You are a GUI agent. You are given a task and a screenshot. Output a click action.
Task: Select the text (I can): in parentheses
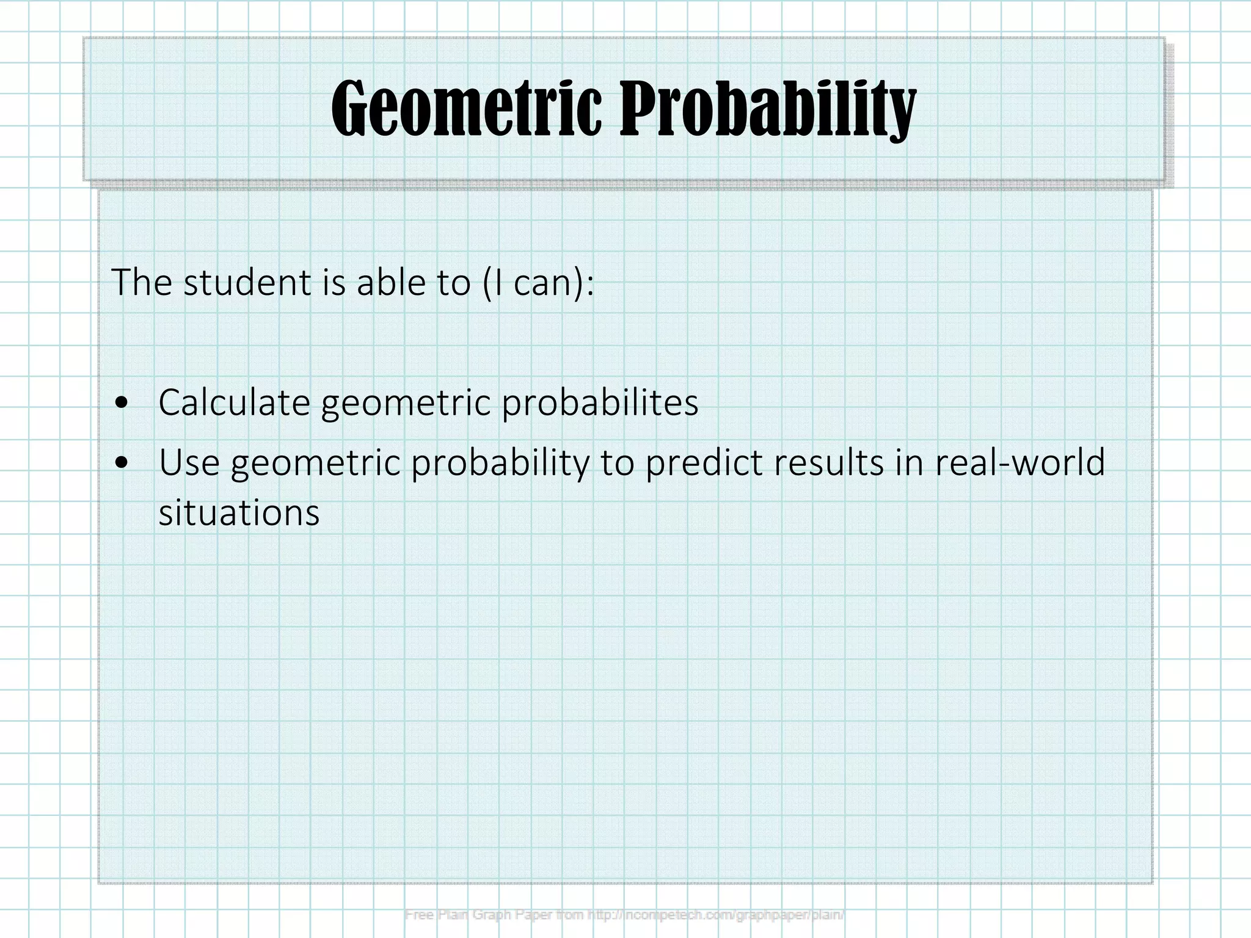[x=538, y=283]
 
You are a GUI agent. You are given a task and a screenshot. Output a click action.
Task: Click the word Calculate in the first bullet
[x=234, y=403]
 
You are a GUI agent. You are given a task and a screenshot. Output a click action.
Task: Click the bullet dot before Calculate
[x=123, y=403]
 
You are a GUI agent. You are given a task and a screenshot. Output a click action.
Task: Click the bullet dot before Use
[x=123, y=463]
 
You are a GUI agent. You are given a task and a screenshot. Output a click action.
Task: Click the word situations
[x=239, y=513]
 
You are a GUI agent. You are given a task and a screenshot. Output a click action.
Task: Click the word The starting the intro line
[x=142, y=283]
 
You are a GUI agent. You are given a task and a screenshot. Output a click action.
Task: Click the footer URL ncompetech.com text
[x=678, y=915]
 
